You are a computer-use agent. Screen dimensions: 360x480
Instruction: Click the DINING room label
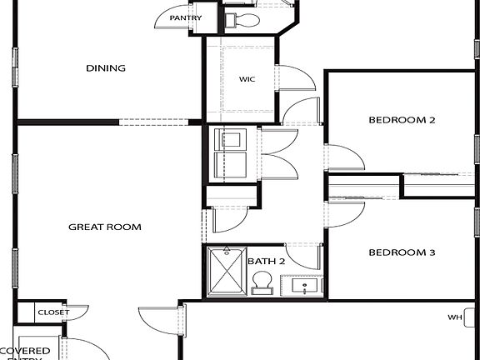106,68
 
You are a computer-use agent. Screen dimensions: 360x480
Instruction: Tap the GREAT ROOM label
104,227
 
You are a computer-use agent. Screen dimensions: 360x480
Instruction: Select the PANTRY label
185,17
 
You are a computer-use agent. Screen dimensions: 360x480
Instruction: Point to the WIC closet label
247,80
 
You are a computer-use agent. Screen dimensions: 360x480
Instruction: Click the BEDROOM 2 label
402,120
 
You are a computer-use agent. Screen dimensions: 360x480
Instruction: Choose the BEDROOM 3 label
402,252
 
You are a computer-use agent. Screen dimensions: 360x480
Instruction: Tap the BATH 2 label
267,262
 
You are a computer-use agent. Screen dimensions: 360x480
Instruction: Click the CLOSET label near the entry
52,312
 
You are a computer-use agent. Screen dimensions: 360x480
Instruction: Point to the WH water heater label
455,317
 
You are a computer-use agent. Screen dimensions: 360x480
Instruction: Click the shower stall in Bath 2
226,271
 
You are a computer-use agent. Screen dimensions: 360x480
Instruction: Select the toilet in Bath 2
262,283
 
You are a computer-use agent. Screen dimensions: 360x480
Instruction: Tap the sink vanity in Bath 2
306,287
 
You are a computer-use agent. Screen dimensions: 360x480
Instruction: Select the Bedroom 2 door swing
343,157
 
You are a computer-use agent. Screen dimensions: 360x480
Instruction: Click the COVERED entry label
26,352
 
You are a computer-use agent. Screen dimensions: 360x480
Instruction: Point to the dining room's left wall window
14,66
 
